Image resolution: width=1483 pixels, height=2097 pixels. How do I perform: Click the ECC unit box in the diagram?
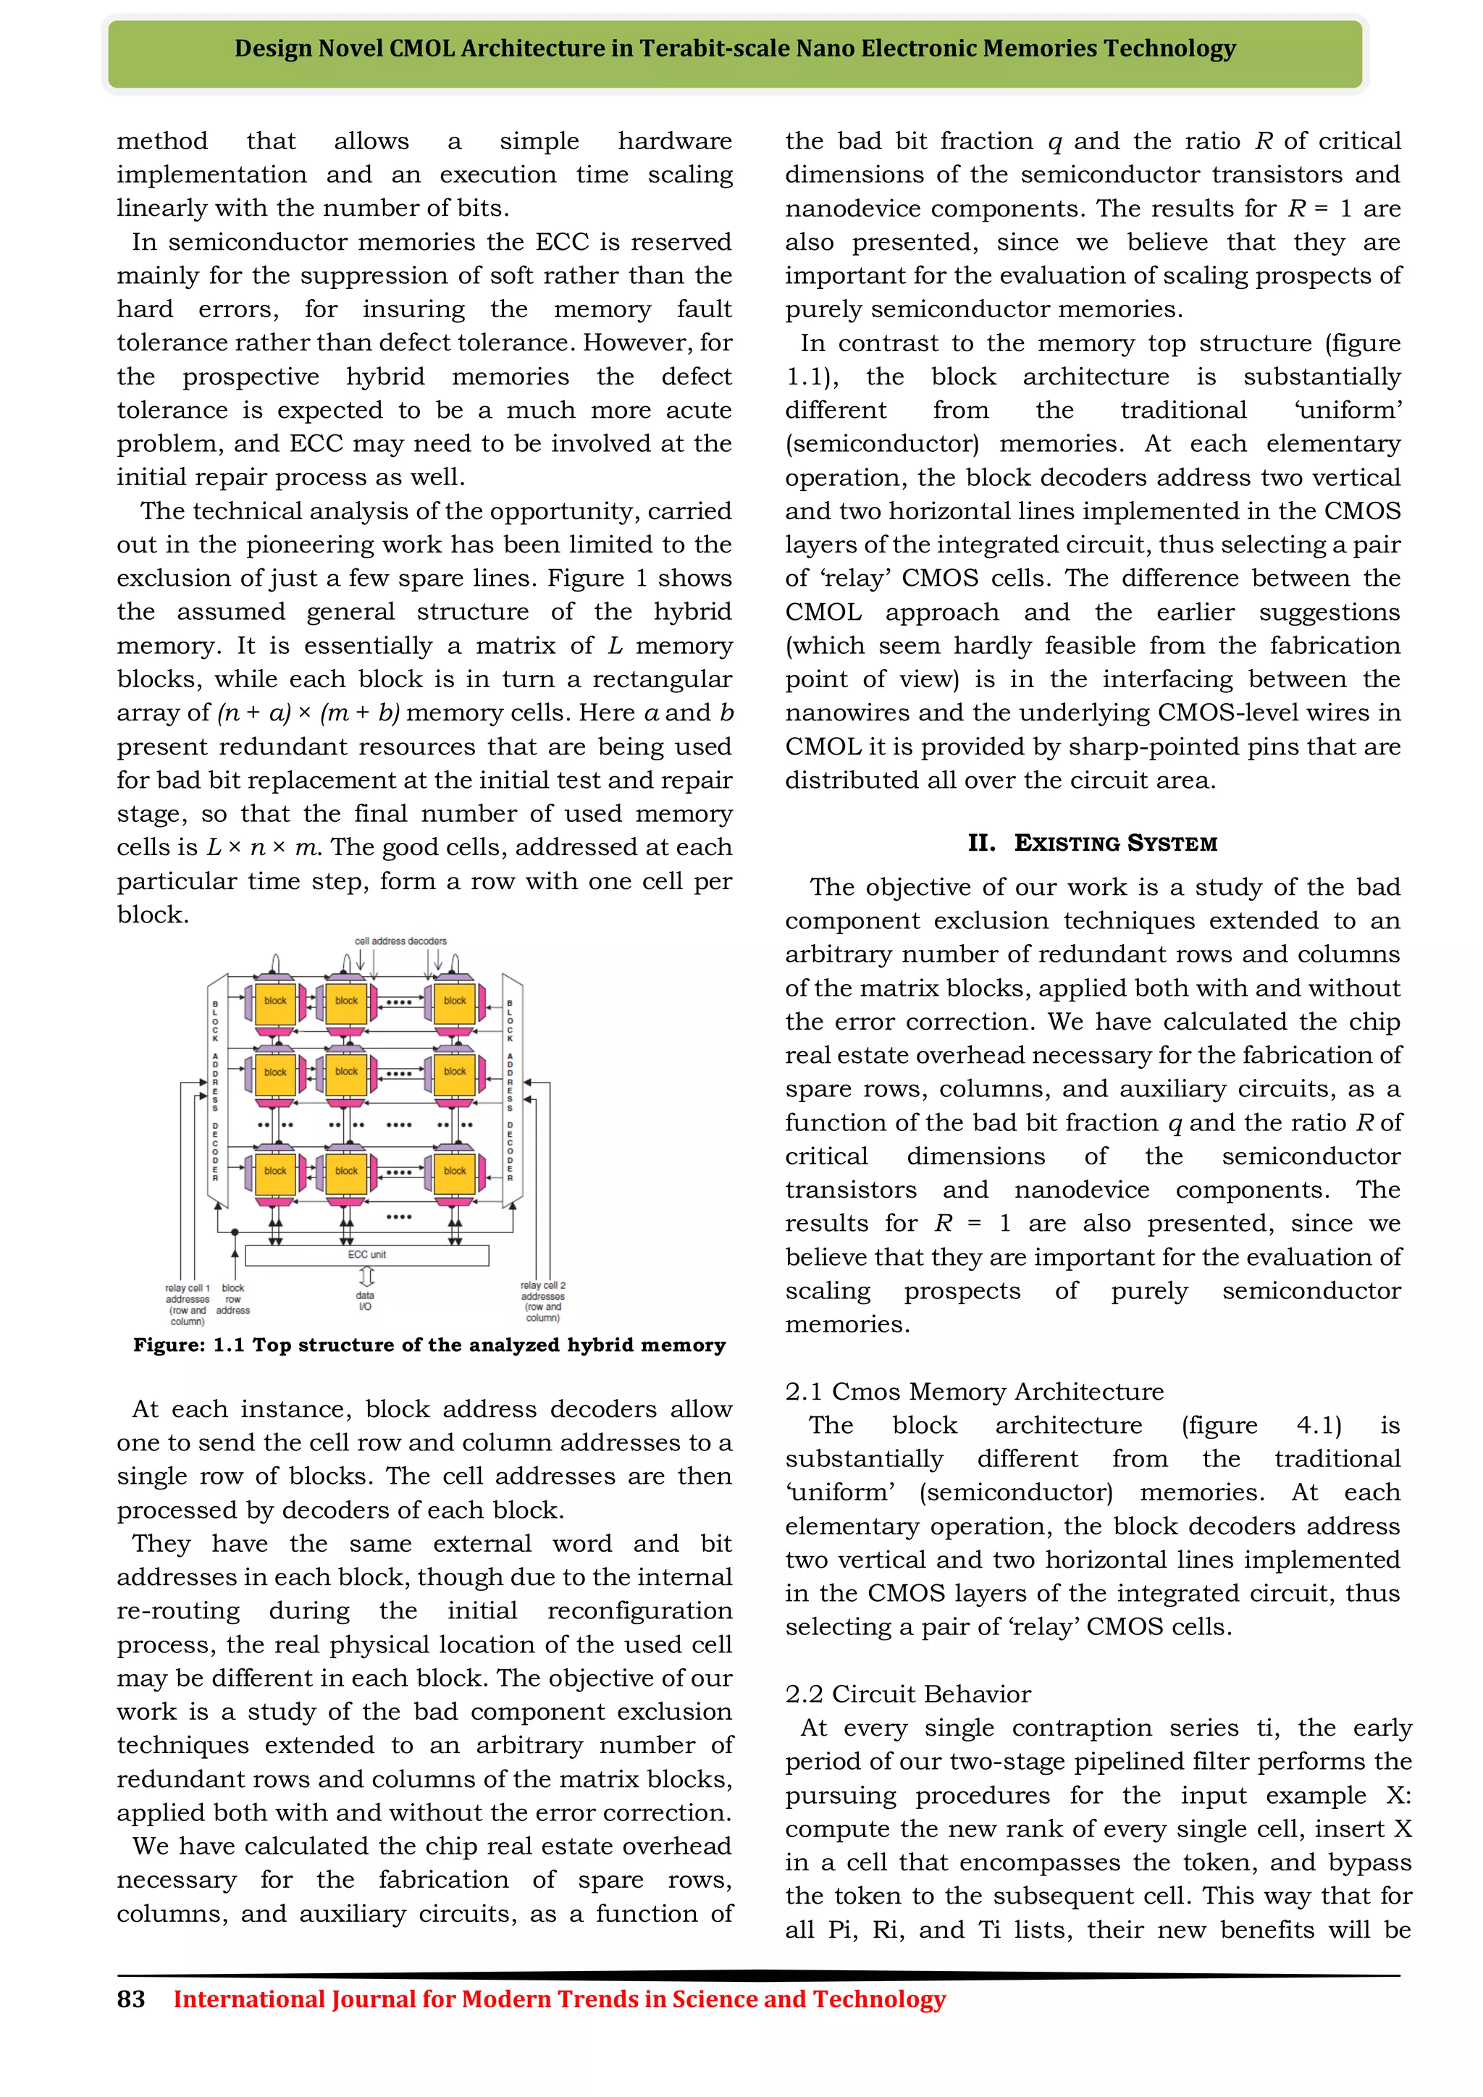point(367,1255)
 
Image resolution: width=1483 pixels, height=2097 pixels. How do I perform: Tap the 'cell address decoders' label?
point(401,941)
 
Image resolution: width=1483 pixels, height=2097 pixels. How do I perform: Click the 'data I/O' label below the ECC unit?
point(365,1300)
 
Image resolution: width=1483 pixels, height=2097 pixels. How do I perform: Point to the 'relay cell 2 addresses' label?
point(542,1300)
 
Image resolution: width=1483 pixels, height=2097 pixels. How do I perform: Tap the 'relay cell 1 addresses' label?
point(188,1304)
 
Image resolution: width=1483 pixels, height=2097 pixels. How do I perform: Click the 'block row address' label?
point(233,1299)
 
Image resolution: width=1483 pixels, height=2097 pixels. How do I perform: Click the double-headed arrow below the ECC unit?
point(366,1276)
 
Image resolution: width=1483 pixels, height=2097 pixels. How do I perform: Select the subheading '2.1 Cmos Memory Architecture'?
point(975,1391)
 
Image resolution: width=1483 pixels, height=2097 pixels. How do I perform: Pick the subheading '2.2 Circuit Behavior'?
point(908,1693)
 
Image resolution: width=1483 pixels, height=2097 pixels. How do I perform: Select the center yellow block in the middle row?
point(346,1073)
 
